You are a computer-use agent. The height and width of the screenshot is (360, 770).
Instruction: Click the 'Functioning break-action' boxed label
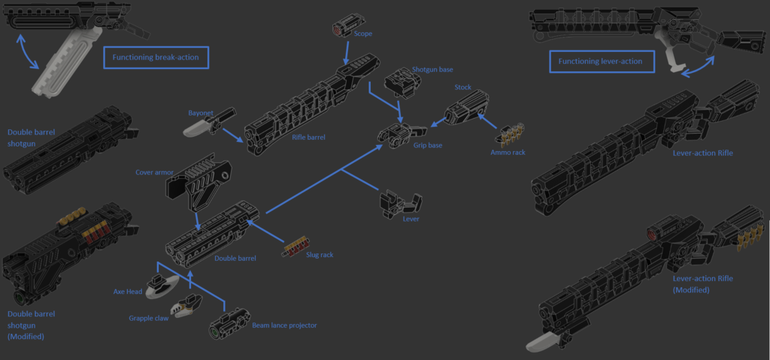pos(156,58)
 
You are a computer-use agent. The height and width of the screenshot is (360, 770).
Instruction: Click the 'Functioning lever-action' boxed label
pos(602,62)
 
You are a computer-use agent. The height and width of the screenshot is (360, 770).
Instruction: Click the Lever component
pos(399,201)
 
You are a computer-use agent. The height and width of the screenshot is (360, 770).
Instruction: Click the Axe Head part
pos(161,286)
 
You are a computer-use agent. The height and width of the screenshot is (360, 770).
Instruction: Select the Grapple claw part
pos(185,304)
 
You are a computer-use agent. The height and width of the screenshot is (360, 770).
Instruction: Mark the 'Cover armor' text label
pos(154,172)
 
